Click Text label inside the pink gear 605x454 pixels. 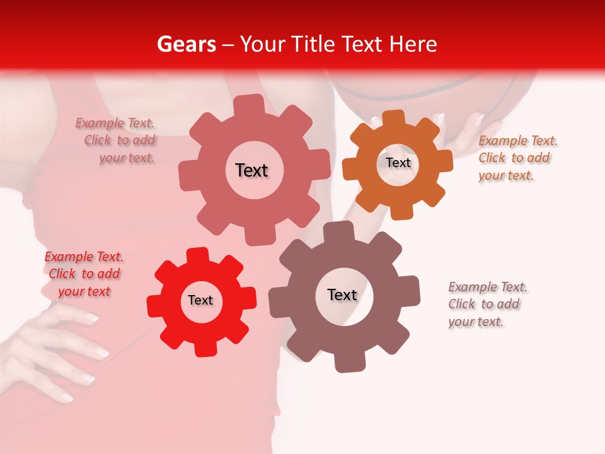[x=251, y=170]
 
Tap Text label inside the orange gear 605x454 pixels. [x=398, y=163]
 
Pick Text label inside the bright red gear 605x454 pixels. [x=200, y=300]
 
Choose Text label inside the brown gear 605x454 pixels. [x=342, y=294]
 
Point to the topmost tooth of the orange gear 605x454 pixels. [x=394, y=119]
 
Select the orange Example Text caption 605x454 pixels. [x=517, y=158]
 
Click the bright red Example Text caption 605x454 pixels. [x=84, y=274]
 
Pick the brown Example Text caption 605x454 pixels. [x=487, y=305]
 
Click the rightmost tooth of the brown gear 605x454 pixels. [x=410, y=290]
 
